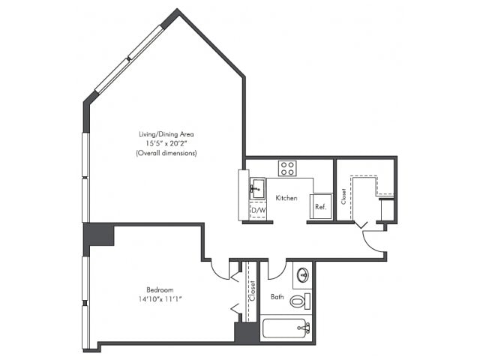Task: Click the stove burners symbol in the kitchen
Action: pyautogui.click(x=287, y=168)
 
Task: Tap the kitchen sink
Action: pyautogui.click(x=257, y=188)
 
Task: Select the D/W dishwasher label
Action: pyautogui.click(x=258, y=211)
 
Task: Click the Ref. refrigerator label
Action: pyautogui.click(x=320, y=207)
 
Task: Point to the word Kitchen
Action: pyautogui.click(x=286, y=198)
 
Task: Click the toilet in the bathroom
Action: pyautogui.click(x=300, y=301)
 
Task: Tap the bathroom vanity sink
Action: pyautogui.click(x=303, y=275)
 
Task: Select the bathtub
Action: pyautogui.click(x=286, y=328)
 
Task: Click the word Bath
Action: pyautogui.click(x=277, y=297)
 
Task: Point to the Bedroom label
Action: pyautogui.click(x=160, y=289)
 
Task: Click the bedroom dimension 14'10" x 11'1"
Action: pyautogui.click(x=160, y=299)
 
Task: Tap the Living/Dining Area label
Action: pyautogui.click(x=166, y=134)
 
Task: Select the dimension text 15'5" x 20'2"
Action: pyautogui.click(x=166, y=143)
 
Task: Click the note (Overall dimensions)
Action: pyautogui.click(x=166, y=153)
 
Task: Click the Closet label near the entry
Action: pyautogui.click(x=343, y=196)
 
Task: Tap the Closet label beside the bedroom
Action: pyautogui.click(x=252, y=291)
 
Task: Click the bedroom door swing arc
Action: pyautogui.click(x=217, y=272)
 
